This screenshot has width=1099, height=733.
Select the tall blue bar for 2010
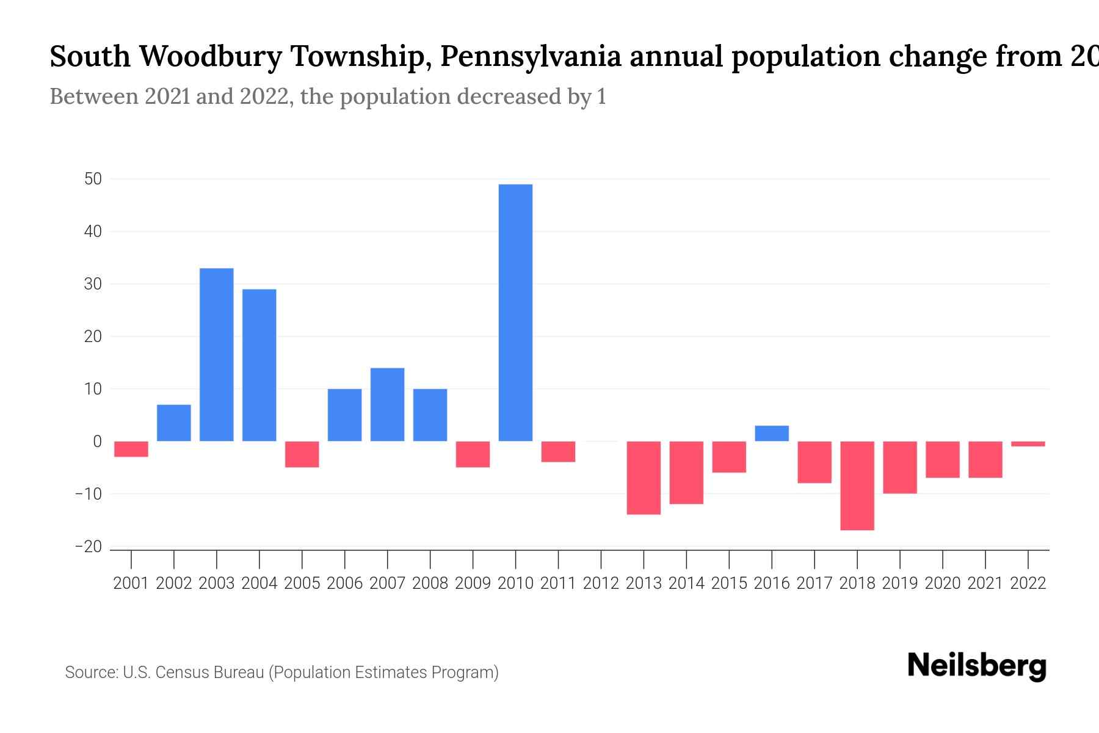click(515, 313)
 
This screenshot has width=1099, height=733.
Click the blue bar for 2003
click(217, 355)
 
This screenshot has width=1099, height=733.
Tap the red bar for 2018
click(857, 486)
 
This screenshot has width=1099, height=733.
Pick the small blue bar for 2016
click(772, 434)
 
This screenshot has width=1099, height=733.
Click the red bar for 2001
click(131, 449)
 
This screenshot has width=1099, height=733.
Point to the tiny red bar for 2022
click(1028, 444)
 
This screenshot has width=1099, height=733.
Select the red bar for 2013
click(644, 478)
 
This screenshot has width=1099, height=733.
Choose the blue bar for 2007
click(387, 404)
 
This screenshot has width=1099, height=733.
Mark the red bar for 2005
click(302, 454)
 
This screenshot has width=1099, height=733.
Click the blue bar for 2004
click(259, 365)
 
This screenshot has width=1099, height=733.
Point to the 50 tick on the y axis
click(93, 179)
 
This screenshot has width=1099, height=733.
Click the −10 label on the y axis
click(89, 494)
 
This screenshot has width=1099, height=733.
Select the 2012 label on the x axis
click(601, 583)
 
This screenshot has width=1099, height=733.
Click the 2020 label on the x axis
click(943, 583)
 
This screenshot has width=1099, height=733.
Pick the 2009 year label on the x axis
click(473, 583)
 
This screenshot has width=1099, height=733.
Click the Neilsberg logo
click(977, 666)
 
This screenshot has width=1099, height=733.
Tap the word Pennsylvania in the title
click(531, 56)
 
